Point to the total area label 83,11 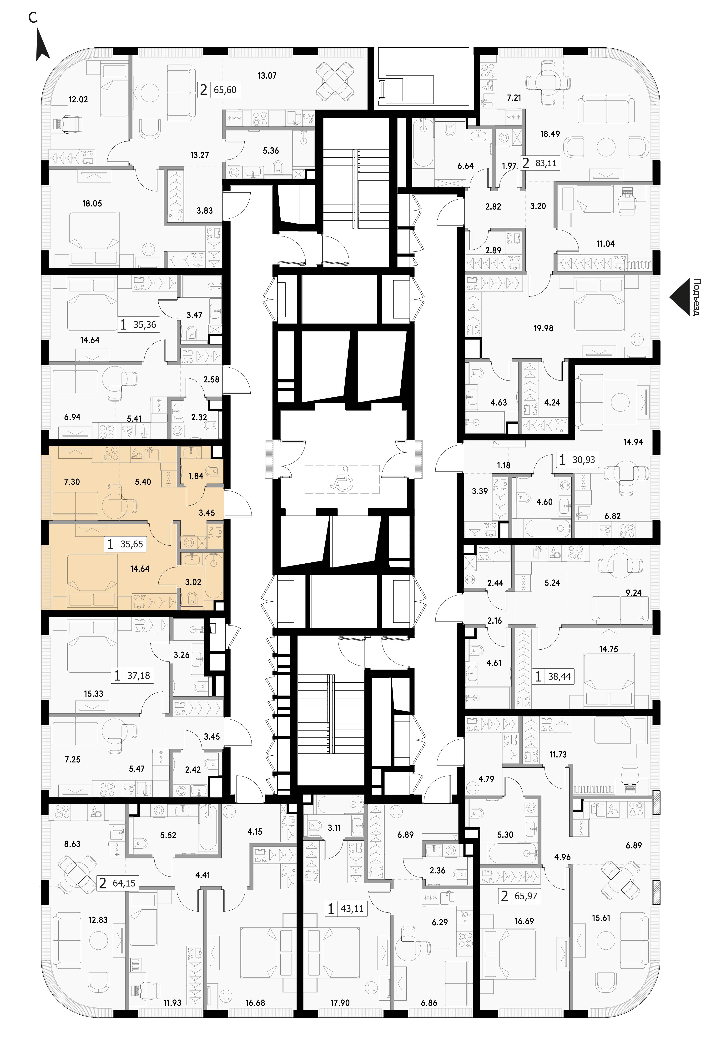pyautogui.click(x=546, y=163)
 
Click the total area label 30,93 pyautogui.click(x=584, y=460)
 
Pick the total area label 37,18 pyautogui.click(x=138, y=676)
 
